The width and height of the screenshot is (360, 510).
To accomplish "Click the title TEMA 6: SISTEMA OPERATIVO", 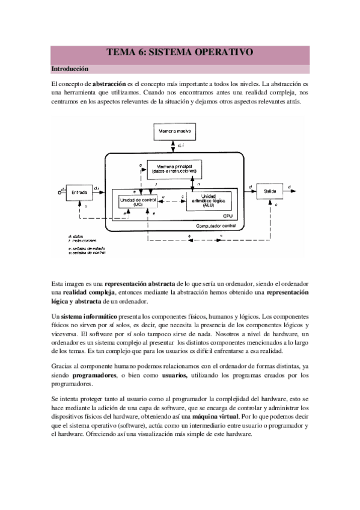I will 180,53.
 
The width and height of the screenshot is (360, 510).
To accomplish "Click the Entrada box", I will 79,192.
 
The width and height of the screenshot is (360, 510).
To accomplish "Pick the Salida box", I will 270,191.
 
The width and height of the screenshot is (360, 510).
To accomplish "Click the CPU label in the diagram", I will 227,215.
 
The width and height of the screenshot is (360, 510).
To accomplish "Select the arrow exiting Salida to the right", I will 292,191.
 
